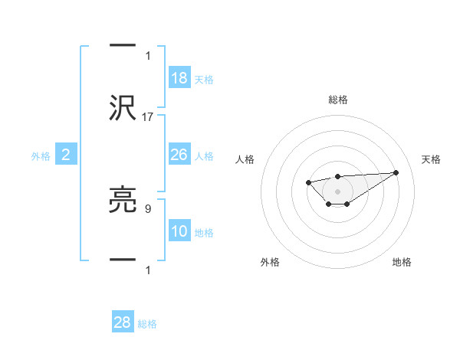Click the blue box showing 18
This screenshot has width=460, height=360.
pos(179,78)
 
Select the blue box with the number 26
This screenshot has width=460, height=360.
pos(179,155)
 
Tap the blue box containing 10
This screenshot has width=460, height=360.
pos(179,231)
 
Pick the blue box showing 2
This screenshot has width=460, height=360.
pos(66,155)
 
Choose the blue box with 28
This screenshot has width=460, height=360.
pos(123,322)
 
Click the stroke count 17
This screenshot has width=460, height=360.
pos(149,117)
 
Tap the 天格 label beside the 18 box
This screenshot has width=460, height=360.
pos(204,80)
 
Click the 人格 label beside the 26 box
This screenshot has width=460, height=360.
pos(204,156)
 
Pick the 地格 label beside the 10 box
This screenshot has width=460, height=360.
pos(204,233)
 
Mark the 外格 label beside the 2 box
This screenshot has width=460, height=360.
pos(41,156)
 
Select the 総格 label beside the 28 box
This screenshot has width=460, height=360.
pos(147,324)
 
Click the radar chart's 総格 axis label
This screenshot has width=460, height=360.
pos(338,100)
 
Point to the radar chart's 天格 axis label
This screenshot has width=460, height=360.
pos(432,159)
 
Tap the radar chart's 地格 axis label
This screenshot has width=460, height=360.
pos(402,262)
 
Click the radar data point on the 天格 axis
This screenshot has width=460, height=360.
pos(396,172)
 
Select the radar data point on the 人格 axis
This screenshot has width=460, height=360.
pos(308,182)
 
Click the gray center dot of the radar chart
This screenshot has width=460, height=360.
pos(338,190)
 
